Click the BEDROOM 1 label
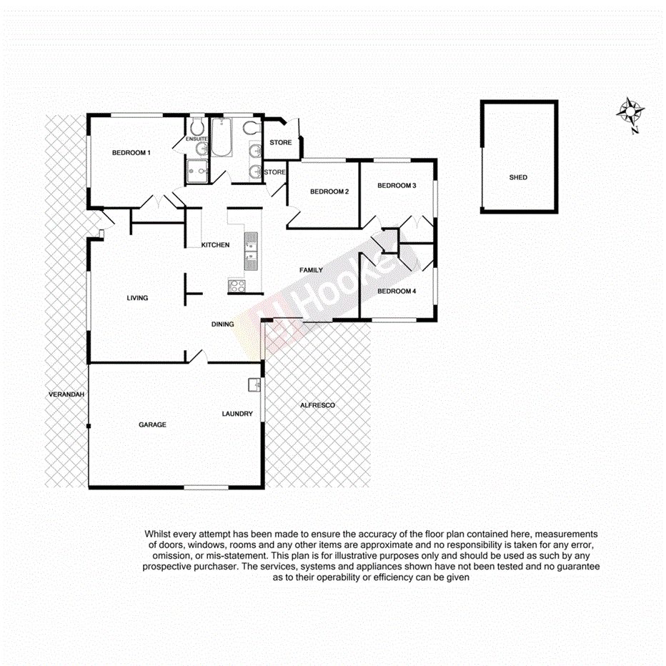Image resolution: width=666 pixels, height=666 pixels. click(131, 152)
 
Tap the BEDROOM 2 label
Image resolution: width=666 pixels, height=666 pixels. click(329, 192)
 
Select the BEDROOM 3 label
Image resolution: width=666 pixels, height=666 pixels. click(397, 186)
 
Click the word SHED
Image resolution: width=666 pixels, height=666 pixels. click(518, 177)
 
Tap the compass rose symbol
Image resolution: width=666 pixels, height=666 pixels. click(631, 111)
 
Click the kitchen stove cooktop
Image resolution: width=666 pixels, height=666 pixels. click(237, 286)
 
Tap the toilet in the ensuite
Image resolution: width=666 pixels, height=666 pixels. click(197, 126)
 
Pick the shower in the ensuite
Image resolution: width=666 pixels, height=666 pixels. click(198, 171)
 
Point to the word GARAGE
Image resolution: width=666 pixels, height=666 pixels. click(152, 424)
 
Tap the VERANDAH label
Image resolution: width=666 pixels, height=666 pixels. click(66, 394)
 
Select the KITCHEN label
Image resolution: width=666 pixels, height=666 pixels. click(215, 245)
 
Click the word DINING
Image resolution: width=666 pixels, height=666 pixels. click(223, 324)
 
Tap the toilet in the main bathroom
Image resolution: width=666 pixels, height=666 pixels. click(250, 129)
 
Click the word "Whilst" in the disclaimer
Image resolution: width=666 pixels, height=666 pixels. click(158, 534)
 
